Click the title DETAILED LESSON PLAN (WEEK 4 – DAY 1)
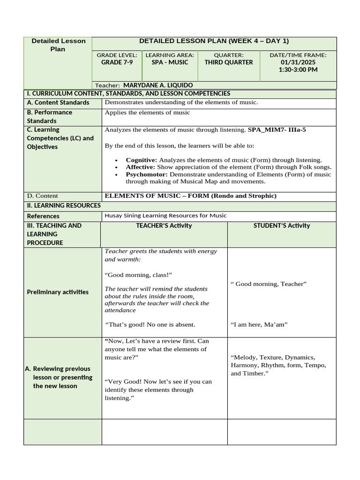[214, 41]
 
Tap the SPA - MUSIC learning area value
[170, 62]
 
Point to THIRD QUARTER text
[229, 62]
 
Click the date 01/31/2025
[298, 62]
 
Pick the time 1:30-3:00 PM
[298, 70]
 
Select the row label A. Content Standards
[58, 103]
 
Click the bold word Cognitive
[141, 160]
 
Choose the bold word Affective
[140, 167]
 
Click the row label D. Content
[43, 196]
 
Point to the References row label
[43, 216]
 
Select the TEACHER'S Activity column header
[164, 226]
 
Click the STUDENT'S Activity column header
[282, 226]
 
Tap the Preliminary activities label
[58, 292]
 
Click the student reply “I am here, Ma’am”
[259, 324]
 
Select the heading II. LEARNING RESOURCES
[63, 206]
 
